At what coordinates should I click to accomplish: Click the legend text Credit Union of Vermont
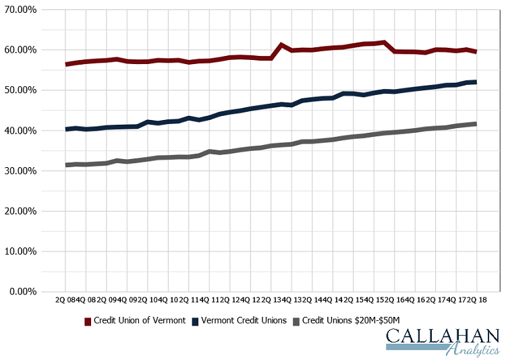pos(140,321)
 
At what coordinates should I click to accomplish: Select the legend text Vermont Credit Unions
pos(244,321)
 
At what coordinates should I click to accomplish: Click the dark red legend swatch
pos(88,321)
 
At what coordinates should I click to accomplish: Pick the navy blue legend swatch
pos(195,321)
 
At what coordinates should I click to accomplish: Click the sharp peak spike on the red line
pos(281,45)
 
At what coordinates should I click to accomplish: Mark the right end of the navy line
pos(475,82)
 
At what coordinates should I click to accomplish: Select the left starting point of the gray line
pos(66,164)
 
